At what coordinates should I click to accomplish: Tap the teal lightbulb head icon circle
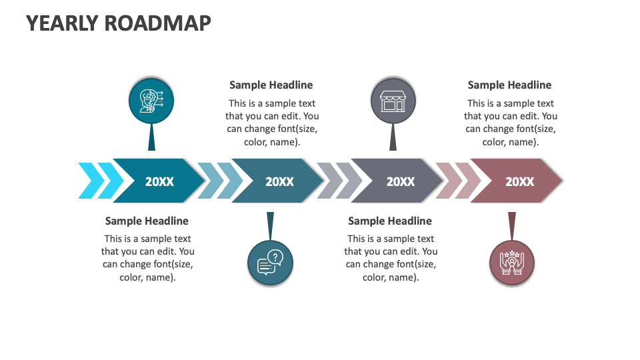[x=151, y=101]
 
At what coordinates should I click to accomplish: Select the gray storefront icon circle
[x=393, y=101]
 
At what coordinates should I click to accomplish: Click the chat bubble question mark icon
[x=270, y=263]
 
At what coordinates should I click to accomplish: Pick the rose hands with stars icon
[x=512, y=263]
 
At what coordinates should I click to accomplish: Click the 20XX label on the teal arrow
[x=159, y=181]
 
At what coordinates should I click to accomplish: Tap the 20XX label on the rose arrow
[x=519, y=181]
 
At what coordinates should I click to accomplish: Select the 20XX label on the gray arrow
[x=400, y=181]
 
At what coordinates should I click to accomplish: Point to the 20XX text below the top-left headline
[x=279, y=181]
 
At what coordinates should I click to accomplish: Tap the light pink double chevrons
[x=458, y=181]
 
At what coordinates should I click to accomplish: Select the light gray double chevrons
[x=339, y=181]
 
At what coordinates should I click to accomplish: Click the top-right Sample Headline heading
[x=509, y=85]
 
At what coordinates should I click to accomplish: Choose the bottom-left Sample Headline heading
[x=147, y=221]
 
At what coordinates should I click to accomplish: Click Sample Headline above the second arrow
[x=271, y=85]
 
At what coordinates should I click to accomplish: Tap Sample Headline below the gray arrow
[x=390, y=221]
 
